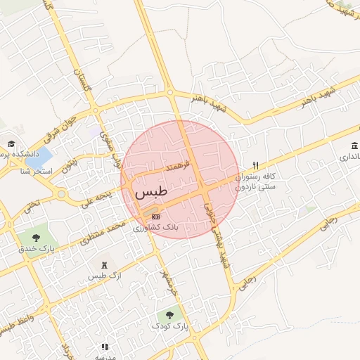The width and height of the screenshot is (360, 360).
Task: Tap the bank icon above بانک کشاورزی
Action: tap(155, 216)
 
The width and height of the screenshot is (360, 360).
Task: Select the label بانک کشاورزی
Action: tap(157, 228)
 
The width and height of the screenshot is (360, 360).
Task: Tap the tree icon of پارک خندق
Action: tap(35, 236)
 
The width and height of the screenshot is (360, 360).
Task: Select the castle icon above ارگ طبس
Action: tap(105, 264)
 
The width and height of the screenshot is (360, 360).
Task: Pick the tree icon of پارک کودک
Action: tap(169, 314)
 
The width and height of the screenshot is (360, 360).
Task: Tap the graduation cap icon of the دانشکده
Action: tap(12, 143)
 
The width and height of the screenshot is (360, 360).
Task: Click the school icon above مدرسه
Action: tap(105, 347)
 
